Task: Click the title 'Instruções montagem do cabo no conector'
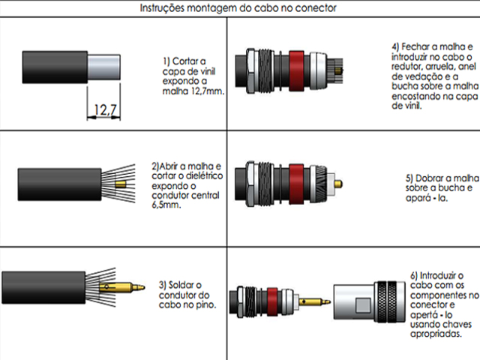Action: (x=238, y=7)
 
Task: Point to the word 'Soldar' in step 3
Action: (x=185, y=285)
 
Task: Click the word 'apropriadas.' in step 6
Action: (x=435, y=334)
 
